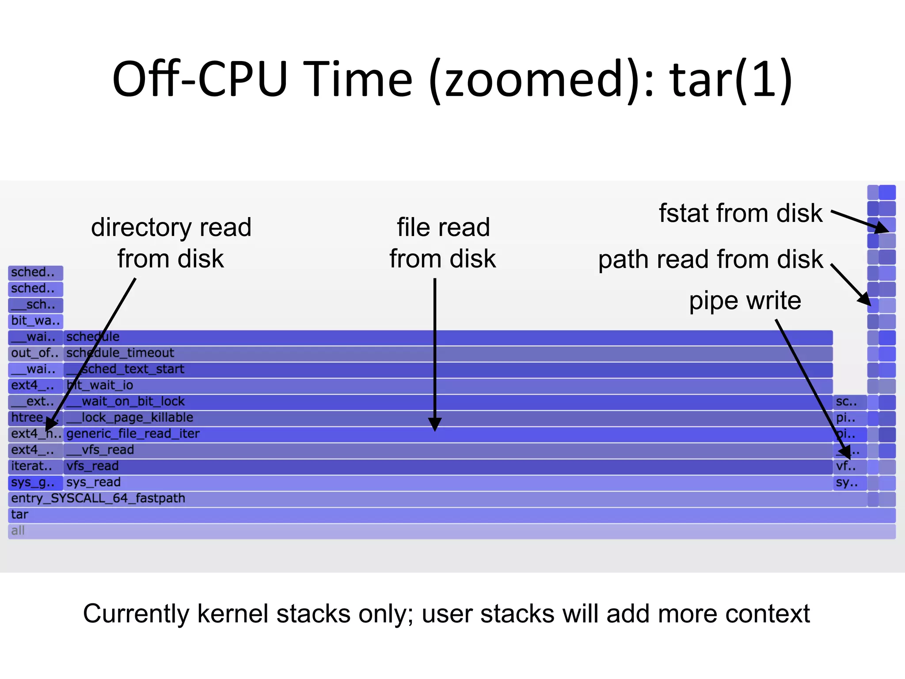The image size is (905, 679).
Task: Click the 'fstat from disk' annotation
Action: [741, 214]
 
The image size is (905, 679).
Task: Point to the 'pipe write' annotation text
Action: [745, 301]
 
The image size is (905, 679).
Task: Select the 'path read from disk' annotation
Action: [711, 259]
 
